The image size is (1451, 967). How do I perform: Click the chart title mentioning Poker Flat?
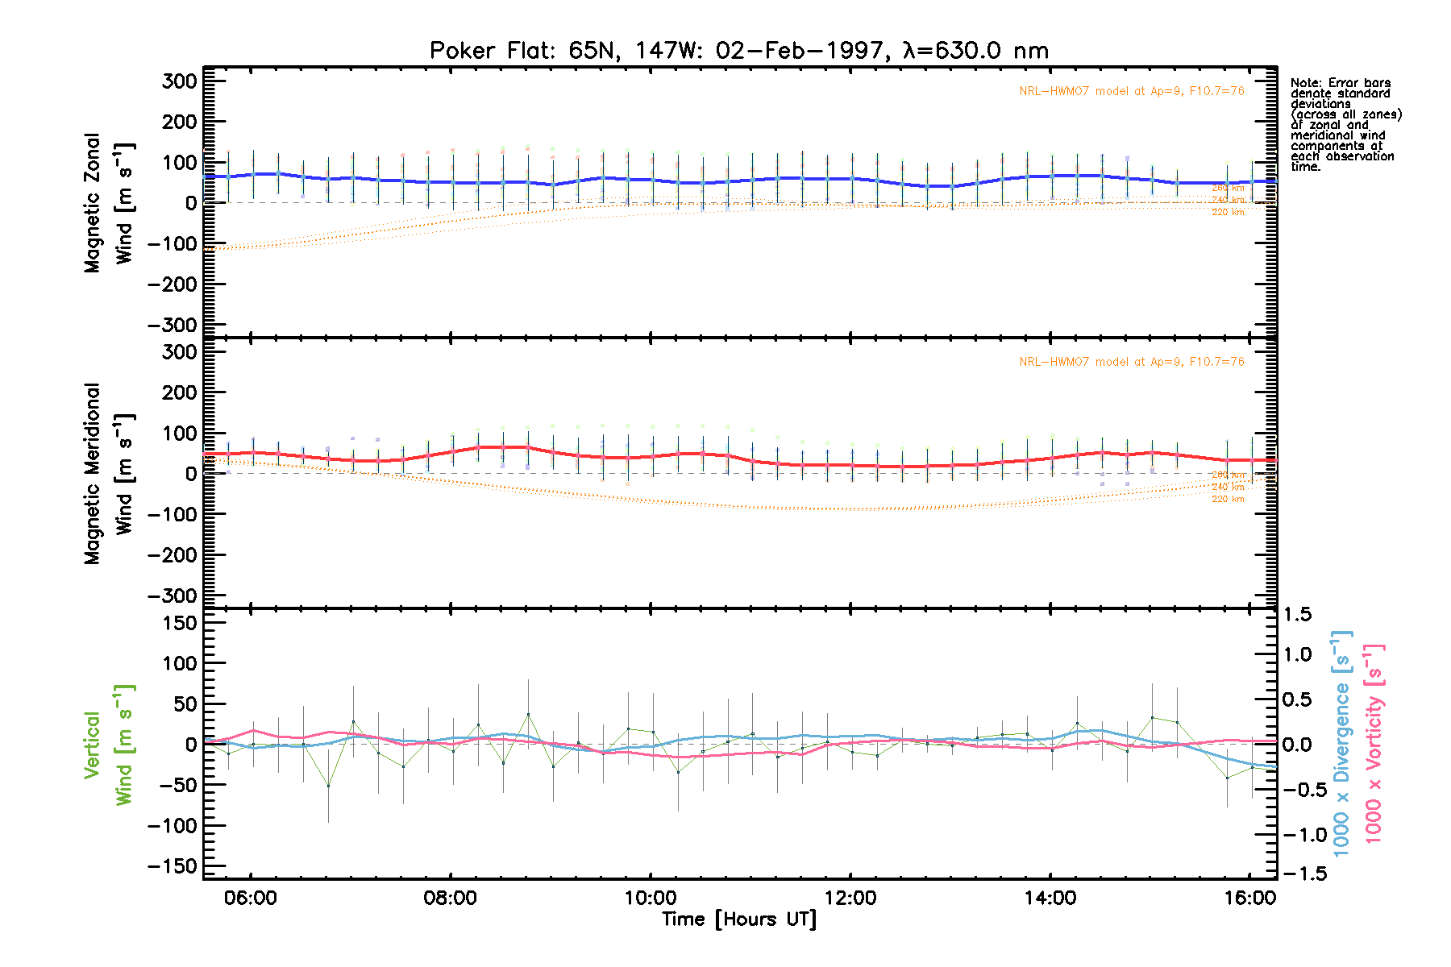click(x=738, y=51)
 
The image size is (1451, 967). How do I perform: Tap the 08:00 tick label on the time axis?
click(x=450, y=899)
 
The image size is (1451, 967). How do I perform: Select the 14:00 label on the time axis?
click(x=1050, y=899)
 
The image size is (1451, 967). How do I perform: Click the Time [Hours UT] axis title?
click(x=738, y=919)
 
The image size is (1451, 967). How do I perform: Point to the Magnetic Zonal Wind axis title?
click(x=109, y=202)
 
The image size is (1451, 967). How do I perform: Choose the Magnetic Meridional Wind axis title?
click(x=109, y=473)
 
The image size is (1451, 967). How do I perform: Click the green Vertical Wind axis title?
click(x=109, y=745)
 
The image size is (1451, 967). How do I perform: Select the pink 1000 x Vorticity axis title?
click(x=1374, y=745)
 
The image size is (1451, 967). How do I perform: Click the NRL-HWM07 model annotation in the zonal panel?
click(x=1131, y=91)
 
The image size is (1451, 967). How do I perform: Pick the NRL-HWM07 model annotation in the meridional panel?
click(x=1131, y=362)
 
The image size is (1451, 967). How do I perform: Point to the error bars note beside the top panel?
click(x=1345, y=125)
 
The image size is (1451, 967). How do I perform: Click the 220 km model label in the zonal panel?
click(x=1228, y=212)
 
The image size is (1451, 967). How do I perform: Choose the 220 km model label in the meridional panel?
click(x=1228, y=499)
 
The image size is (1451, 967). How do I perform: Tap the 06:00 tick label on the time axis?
click(x=251, y=899)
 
